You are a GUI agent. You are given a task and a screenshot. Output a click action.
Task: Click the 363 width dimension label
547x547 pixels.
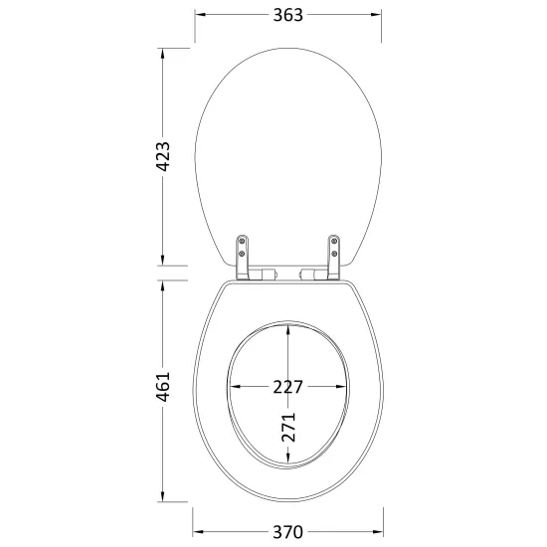click(x=287, y=15)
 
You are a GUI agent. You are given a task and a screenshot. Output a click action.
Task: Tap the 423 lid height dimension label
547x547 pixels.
click(x=162, y=156)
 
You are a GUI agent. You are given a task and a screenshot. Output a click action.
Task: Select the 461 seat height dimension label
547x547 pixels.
click(x=162, y=387)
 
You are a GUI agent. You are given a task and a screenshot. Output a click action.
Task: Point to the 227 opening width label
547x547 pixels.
click(x=287, y=387)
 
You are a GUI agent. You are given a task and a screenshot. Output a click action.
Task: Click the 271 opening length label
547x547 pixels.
click(x=288, y=427)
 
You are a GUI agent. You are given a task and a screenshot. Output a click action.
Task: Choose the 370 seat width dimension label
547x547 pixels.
click(x=287, y=532)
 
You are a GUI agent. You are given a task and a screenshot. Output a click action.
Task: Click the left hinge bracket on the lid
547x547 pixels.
click(x=242, y=258)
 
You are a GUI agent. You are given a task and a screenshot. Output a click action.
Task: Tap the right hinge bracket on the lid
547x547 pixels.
click(x=334, y=258)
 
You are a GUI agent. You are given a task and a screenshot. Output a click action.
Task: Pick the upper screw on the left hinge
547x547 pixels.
click(x=242, y=241)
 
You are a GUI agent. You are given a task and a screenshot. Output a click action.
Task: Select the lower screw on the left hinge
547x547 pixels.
click(x=242, y=254)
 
